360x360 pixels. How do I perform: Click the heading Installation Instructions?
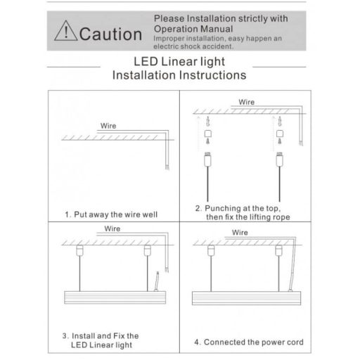click(179, 74)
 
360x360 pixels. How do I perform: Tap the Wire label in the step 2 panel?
click(246, 102)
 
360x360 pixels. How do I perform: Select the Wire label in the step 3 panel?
click(112, 229)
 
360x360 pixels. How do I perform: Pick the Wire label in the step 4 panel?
click(240, 231)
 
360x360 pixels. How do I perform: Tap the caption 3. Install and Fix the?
click(101, 335)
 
